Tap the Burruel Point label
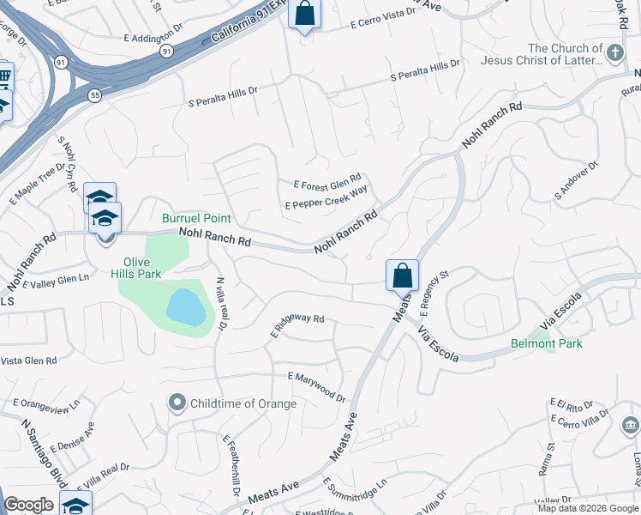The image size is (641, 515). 196,219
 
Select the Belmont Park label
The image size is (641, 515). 547,343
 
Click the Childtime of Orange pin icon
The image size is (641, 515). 177,402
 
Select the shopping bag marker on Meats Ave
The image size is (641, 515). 402,276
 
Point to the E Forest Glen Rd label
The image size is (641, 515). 327,185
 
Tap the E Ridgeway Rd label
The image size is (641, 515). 297,323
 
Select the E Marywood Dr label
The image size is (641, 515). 316,387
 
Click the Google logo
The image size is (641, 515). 28,505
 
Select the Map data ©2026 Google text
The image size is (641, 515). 587,508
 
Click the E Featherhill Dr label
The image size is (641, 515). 230,463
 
